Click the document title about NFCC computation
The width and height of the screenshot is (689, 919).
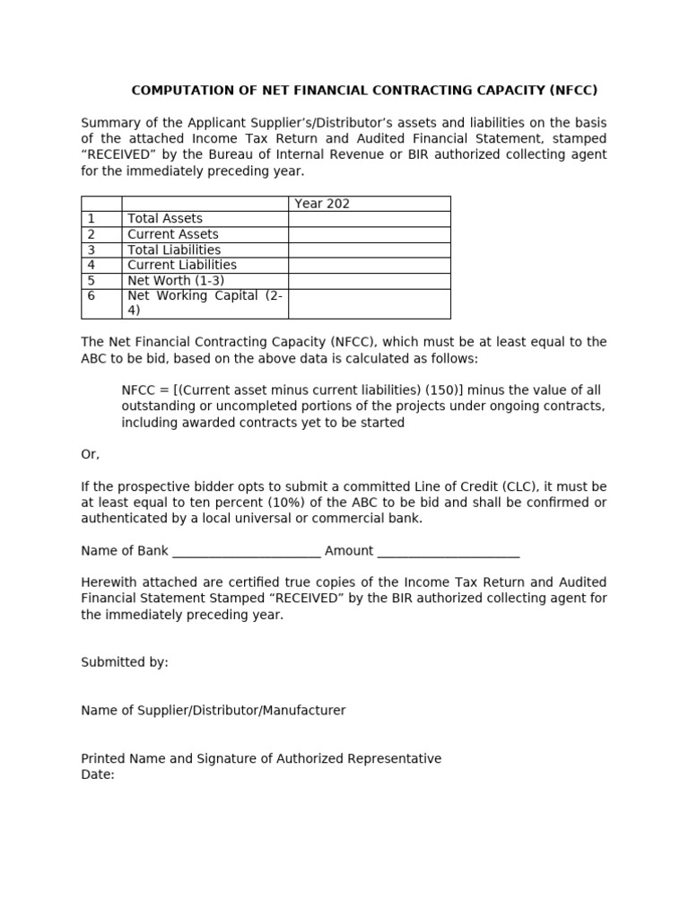364,90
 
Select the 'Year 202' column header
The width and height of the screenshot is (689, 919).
322,204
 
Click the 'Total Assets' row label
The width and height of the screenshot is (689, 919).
165,218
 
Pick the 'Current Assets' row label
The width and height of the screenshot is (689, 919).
173,234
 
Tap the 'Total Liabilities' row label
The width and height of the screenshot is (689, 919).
174,249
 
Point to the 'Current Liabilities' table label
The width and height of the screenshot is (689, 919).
182,265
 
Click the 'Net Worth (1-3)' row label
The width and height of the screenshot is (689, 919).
176,281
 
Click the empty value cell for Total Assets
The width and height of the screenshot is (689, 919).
369,218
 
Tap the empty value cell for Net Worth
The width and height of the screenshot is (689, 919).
369,281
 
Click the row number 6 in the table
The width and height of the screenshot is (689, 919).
91,296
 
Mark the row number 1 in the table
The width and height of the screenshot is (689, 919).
91,218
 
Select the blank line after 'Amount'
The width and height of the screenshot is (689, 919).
449,551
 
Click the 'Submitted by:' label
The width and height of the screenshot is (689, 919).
125,662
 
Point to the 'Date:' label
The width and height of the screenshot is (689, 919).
98,775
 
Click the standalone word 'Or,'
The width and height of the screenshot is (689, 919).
91,454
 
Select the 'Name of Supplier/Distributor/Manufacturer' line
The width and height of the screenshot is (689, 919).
213,710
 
